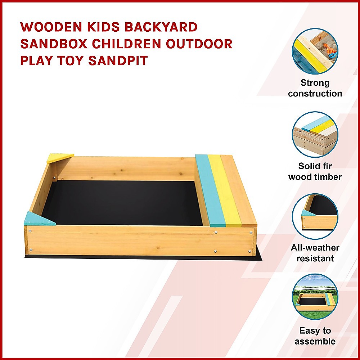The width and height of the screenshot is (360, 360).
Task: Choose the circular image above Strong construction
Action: coord(315,51)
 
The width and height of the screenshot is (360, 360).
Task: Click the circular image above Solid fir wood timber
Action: coord(315,134)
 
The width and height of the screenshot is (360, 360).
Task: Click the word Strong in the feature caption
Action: coord(315,83)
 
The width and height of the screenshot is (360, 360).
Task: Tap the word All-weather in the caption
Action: coord(315,248)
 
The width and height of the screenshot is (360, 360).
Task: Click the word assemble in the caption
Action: coord(315,341)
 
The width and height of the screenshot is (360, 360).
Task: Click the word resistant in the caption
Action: coord(315,258)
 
